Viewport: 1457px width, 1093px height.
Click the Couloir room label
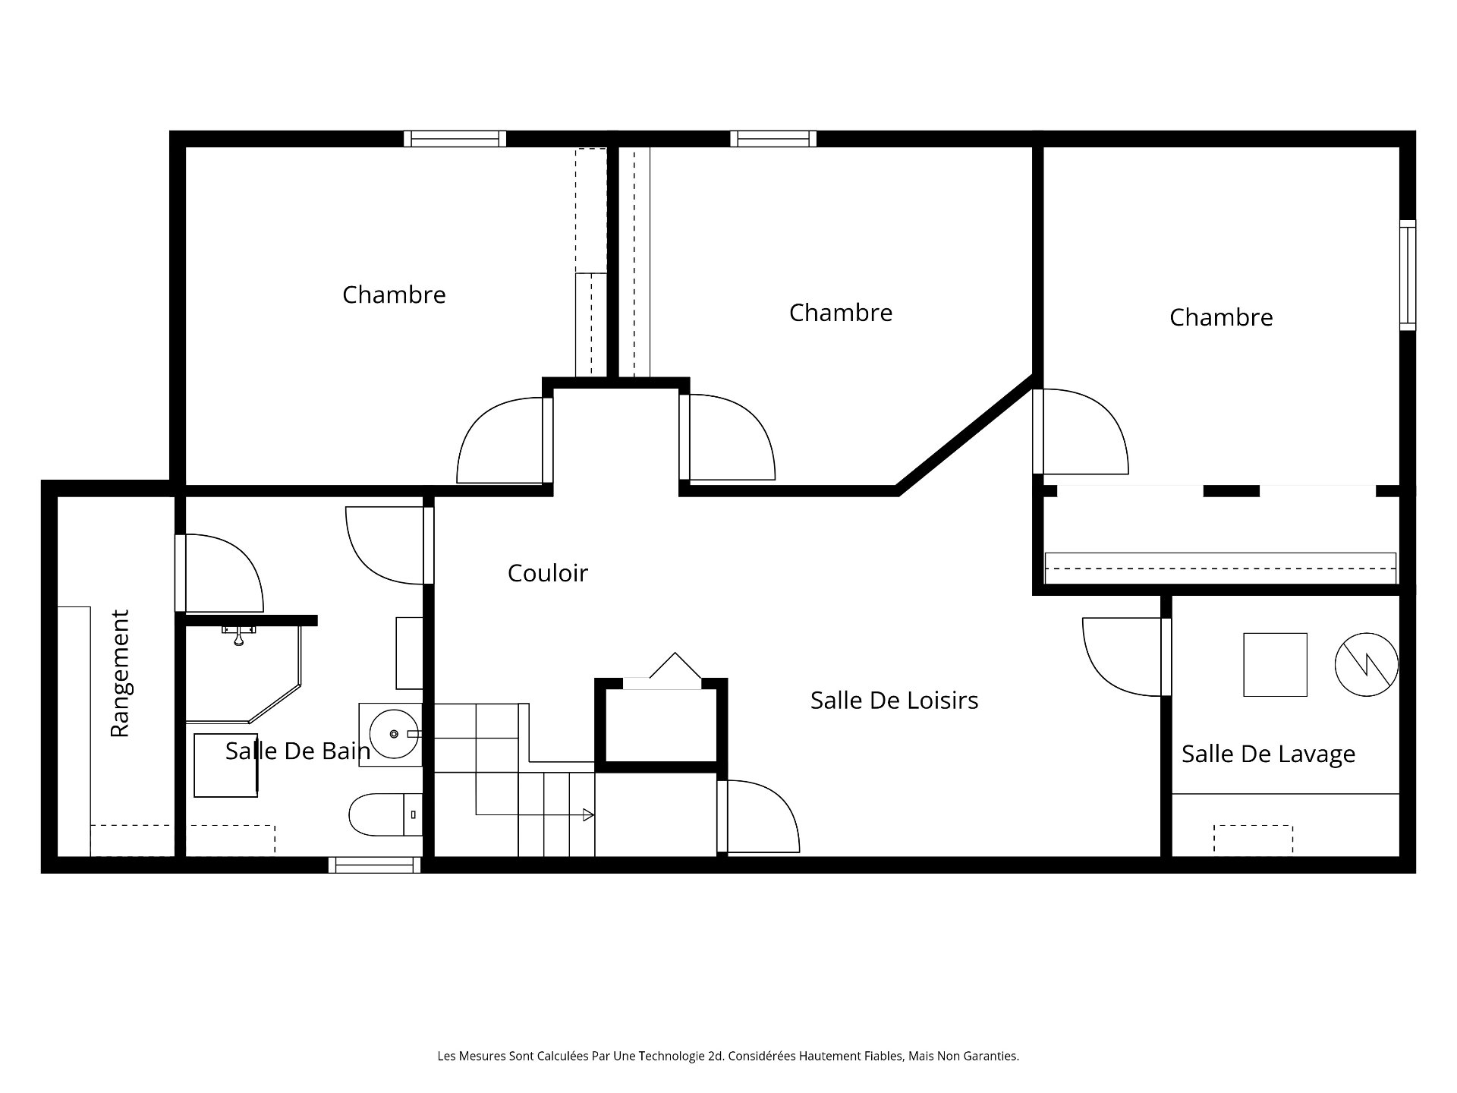(x=547, y=573)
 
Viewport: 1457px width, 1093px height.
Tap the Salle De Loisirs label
(x=894, y=700)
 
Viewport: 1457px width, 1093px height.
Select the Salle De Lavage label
(x=1268, y=754)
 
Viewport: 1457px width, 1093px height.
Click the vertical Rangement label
(x=120, y=672)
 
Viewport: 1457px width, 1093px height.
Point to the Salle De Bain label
(x=297, y=751)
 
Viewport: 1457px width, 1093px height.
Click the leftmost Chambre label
(x=394, y=295)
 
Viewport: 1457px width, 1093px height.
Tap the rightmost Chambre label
(x=1221, y=317)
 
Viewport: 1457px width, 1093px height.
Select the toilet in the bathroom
(x=383, y=814)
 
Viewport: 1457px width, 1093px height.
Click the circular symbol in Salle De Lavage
(x=1366, y=664)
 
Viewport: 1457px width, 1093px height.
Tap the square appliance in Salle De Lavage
(x=1275, y=664)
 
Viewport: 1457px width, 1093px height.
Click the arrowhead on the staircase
(x=587, y=814)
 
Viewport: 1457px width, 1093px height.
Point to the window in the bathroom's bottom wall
(x=375, y=865)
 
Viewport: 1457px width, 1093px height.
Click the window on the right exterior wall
(x=1408, y=275)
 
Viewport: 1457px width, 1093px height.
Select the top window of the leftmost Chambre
(x=455, y=138)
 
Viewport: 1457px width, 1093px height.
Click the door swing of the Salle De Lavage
(x=1119, y=657)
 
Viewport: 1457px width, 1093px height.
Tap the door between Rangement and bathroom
(x=220, y=573)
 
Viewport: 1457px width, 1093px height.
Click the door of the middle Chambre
(x=728, y=438)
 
